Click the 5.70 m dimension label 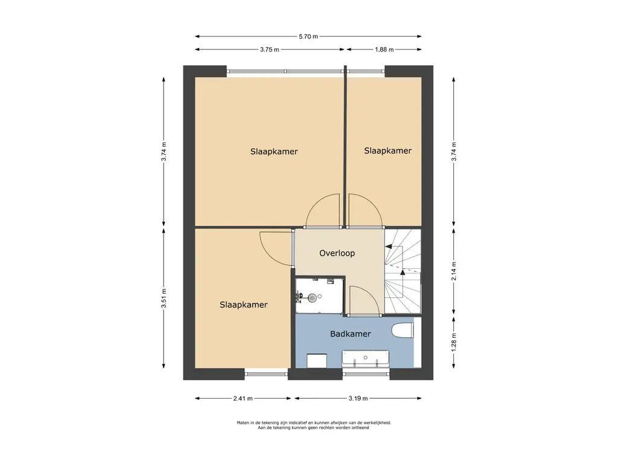coord(308,37)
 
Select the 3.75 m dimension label coord(270,50)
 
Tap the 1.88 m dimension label coord(384,50)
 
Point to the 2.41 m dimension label coord(243,399)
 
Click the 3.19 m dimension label coord(358,399)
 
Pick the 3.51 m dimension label coord(164,298)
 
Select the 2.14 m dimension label coord(454,271)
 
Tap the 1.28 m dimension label coord(454,343)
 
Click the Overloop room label coord(337,253)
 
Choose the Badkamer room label coord(351,333)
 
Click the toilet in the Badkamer coord(403,330)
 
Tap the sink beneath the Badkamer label coord(365,358)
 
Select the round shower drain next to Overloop coord(313,297)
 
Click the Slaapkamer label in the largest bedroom coord(274,152)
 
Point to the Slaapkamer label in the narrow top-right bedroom coord(388,150)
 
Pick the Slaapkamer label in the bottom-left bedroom coord(244,304)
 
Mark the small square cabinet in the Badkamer coord(317,361)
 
